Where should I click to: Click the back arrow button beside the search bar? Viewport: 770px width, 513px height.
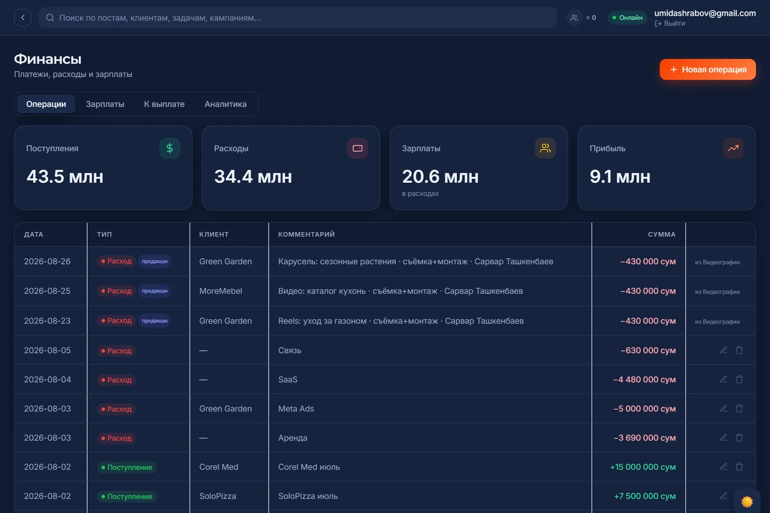point(23,17)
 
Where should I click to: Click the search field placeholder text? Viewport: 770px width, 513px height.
point(160,18)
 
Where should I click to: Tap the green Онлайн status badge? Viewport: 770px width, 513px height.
point(628,17)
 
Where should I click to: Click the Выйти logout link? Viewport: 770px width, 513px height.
point(670,24)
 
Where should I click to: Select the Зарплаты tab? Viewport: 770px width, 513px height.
point(105,104)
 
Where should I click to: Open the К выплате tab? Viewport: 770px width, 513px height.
point(164,104)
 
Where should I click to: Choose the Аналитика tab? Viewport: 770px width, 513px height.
point(226,104)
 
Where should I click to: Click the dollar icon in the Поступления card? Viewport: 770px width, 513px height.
point(169,148)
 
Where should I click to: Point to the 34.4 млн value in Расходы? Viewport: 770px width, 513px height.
point(253,176)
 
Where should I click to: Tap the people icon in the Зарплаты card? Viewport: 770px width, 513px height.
point(545,148)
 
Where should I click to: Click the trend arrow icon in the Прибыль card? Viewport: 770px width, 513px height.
point(733,148)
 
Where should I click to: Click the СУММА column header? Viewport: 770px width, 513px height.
point(662,234)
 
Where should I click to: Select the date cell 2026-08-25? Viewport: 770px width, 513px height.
point(47,291)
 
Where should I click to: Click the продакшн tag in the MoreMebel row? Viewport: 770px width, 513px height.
point(154,291)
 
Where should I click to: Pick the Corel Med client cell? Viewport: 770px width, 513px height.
point(218,467)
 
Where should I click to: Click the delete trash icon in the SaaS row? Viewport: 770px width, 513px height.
point(739,379)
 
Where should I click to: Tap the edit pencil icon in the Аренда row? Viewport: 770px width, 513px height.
point(724,437)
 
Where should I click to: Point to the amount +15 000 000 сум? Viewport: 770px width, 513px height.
point(643,467)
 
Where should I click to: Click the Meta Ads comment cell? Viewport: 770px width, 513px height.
point(296,409)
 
